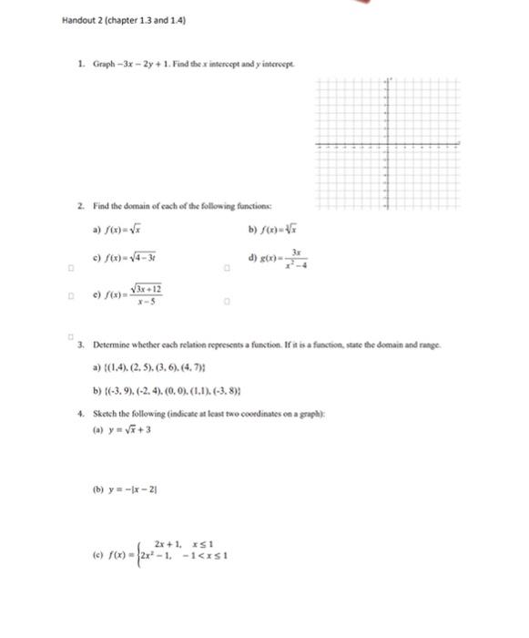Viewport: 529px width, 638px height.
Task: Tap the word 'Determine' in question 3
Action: (111, 346)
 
